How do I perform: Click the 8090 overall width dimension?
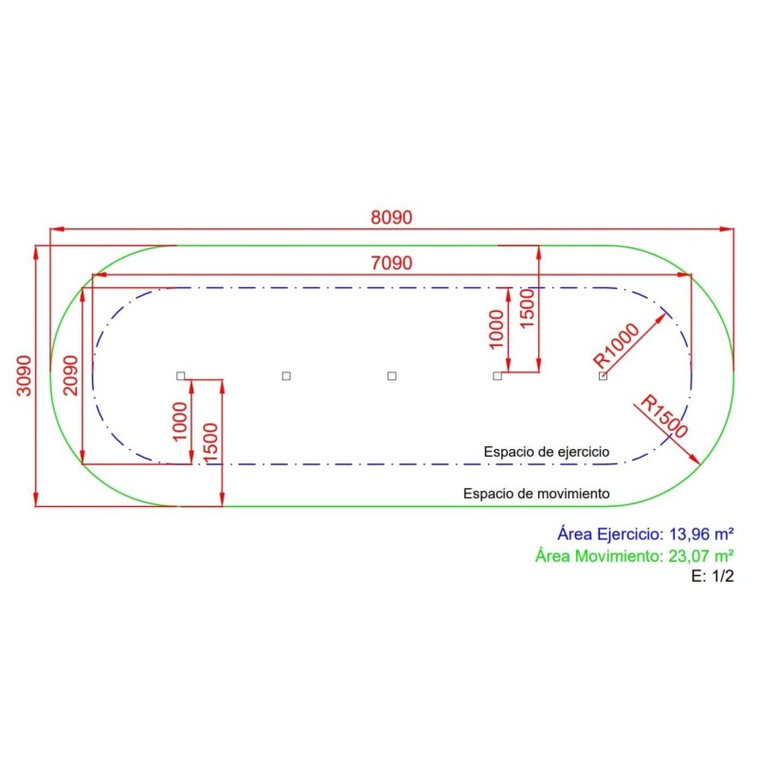391,217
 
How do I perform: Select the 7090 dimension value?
391,262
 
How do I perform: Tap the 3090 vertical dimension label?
24,375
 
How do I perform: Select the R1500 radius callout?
662,416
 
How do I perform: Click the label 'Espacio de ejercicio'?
546,452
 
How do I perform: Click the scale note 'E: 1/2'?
713,576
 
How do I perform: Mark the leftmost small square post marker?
181,376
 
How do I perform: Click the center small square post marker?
391,376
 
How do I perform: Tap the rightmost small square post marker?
603,376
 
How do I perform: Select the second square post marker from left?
286,376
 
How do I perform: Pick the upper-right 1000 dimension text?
496,328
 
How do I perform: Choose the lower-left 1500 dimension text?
210,442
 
